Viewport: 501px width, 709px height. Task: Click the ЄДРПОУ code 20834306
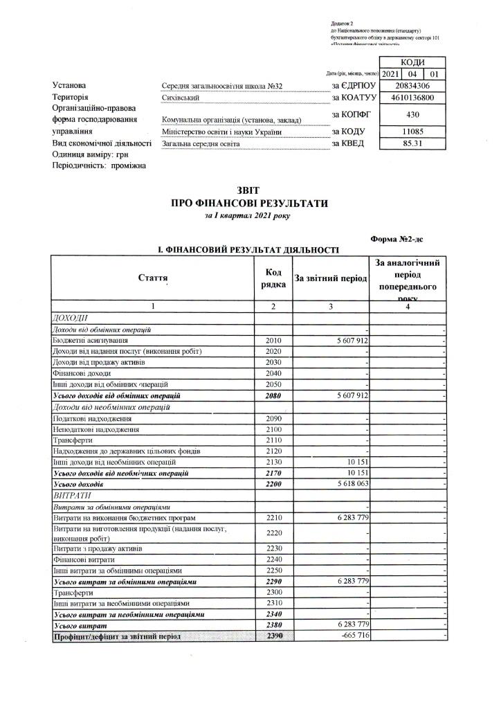pyautogui.click(x=412, y=86)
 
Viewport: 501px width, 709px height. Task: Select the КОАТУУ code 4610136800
pyautogui.click(x=412, y=98)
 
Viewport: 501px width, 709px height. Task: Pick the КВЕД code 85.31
pyautogui.click(x=412, y=143)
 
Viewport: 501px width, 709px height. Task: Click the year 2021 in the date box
pyautogui.click(x=390, y=73)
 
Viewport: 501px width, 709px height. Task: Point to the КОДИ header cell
pyautogui.click(x=412, y=62)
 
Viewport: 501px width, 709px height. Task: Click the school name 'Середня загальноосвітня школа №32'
pyautogui.click(x=218, y=86)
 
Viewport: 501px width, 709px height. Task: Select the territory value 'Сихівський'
pyautogui.click(x=181, y=98)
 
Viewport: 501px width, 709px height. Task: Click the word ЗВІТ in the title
pyautogui.click(x=250, y=190)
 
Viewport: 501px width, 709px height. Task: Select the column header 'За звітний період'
pyautogui.click(x=331, y=278)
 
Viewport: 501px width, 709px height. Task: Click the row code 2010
pyautogui.click(x=273, y=341)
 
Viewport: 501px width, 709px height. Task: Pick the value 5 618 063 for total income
pyautogui.click(x=349, y=484)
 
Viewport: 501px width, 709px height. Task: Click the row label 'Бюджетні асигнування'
pyautogui.click(x=90, y=341)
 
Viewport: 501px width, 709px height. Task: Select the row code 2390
pyautogui.click(x=273, y=636)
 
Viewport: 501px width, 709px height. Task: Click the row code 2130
pyautogui.click(x=273, y=463)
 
